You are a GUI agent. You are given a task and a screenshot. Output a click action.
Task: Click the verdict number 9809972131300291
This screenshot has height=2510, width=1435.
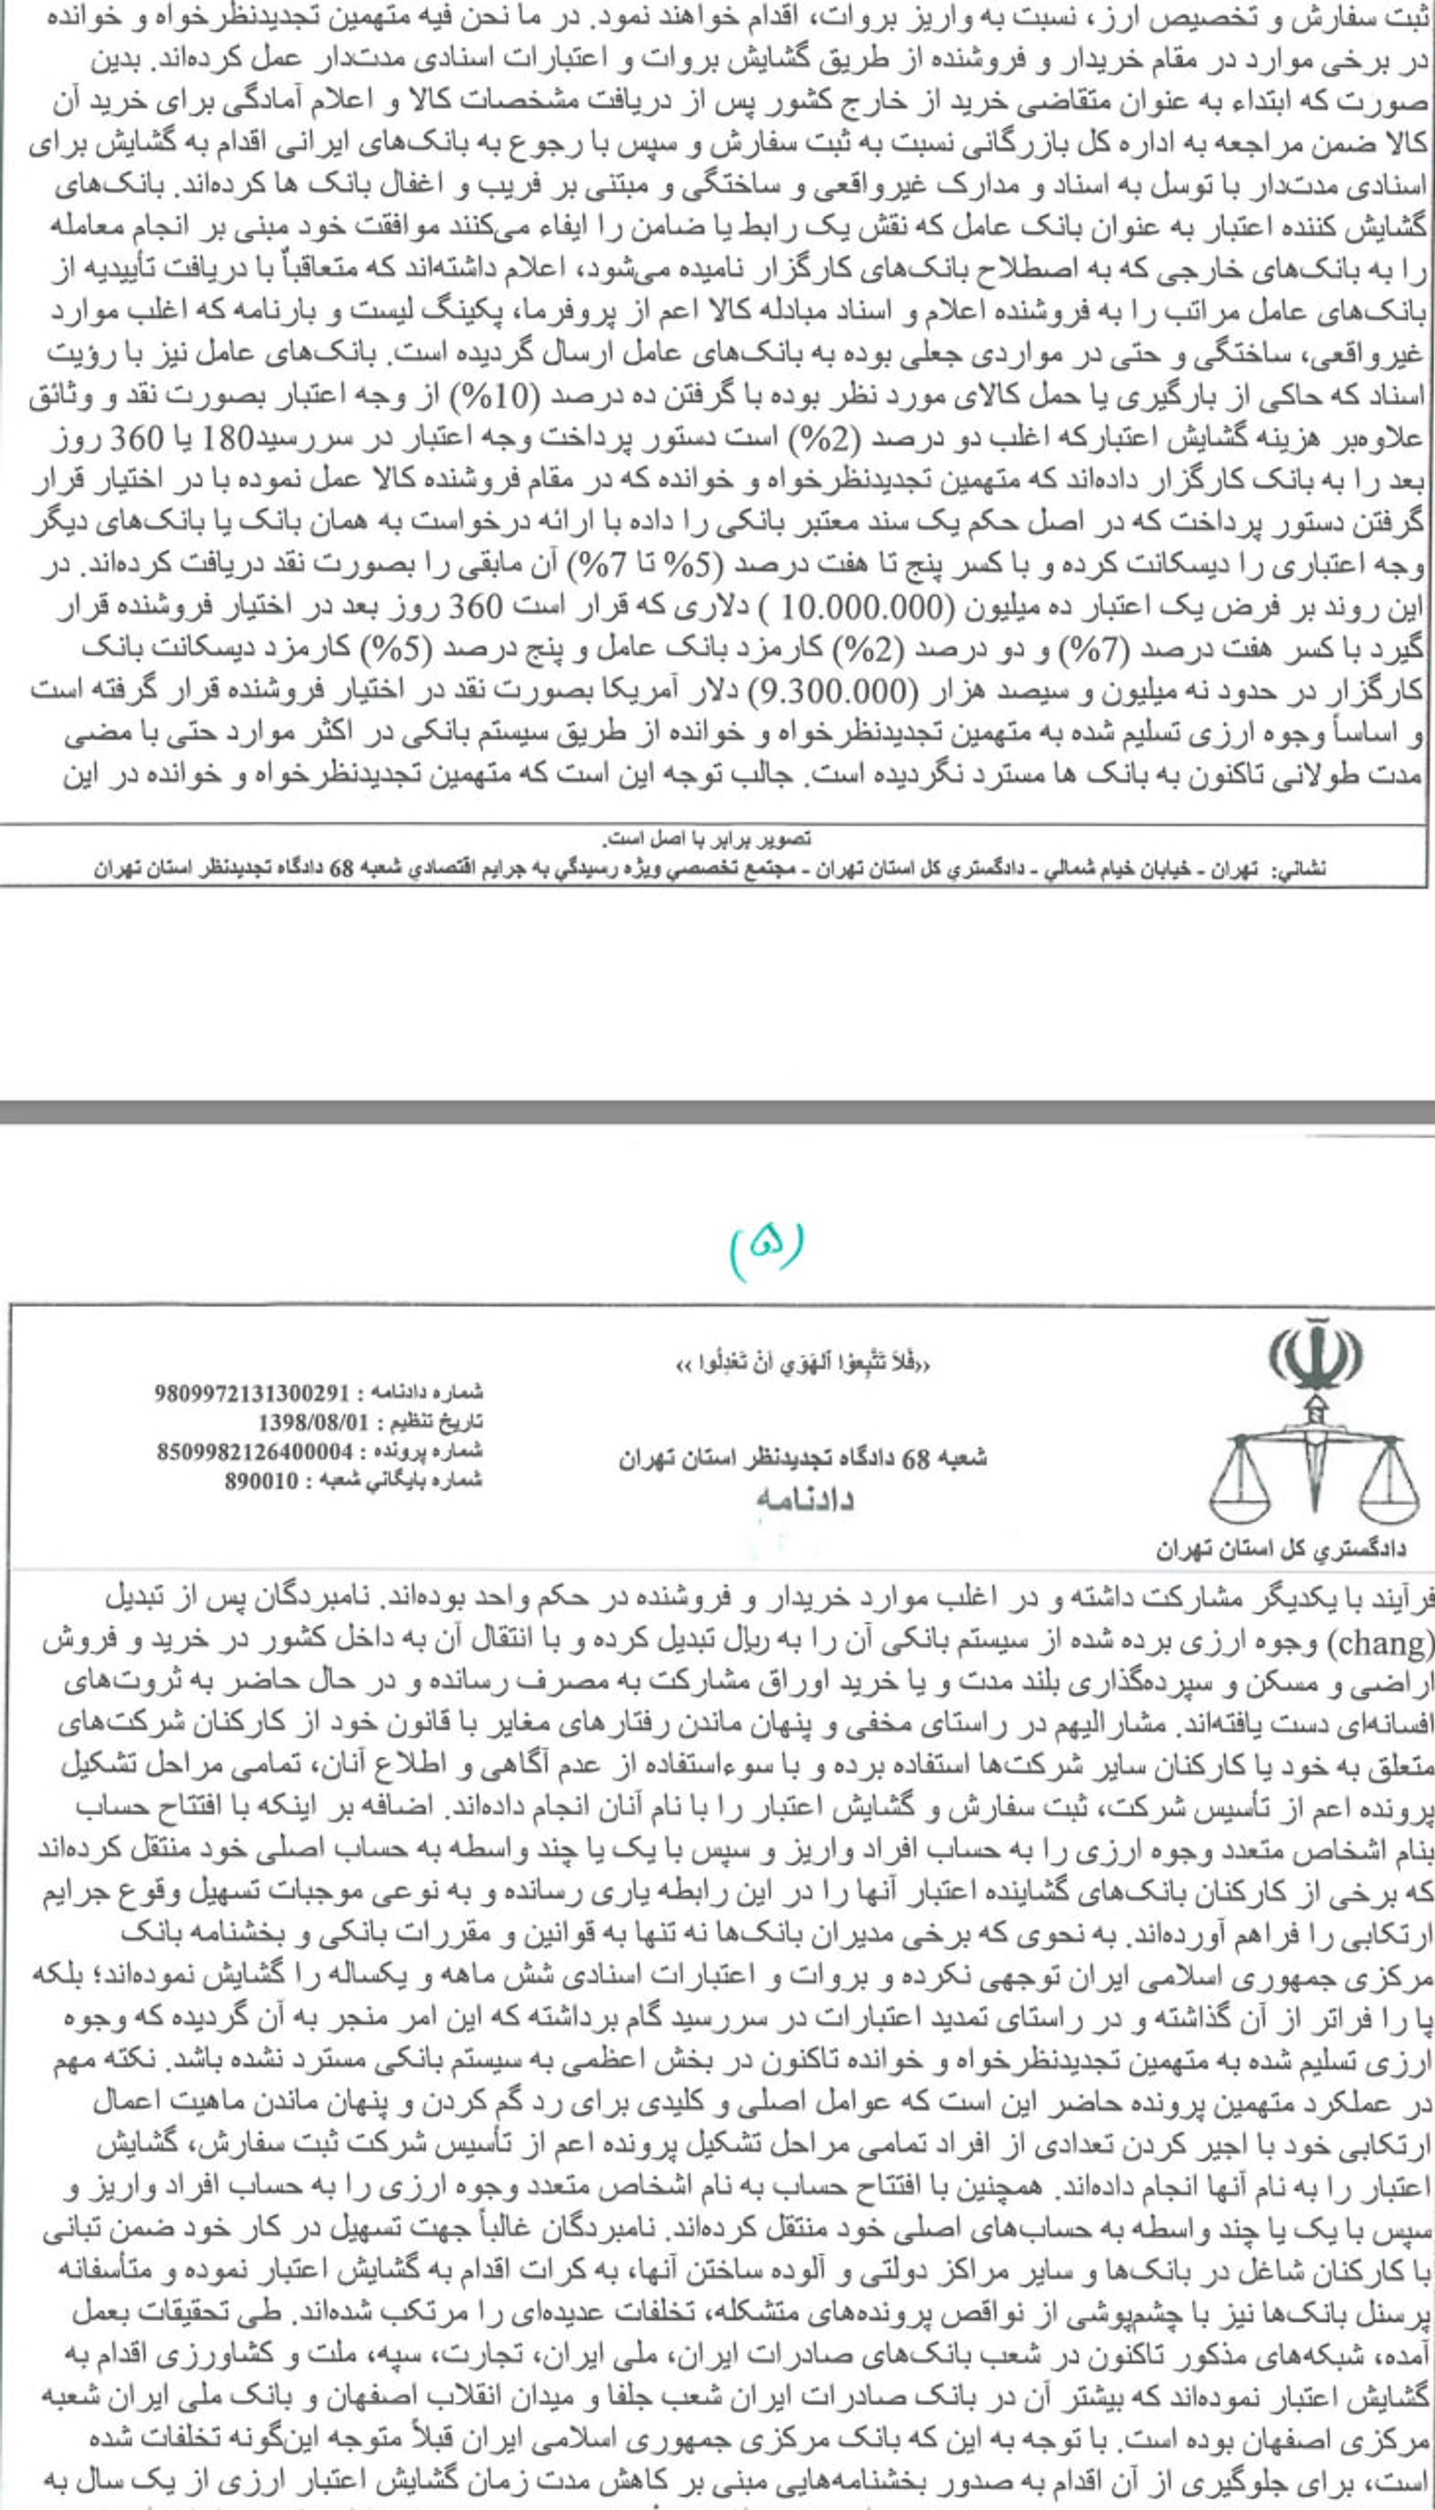251,1392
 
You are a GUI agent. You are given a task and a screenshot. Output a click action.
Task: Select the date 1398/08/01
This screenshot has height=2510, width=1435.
307,1422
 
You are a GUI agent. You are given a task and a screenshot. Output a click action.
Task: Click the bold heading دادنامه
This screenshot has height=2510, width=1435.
804,1501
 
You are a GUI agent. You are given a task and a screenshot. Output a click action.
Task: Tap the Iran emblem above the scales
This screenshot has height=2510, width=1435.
1315,1358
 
